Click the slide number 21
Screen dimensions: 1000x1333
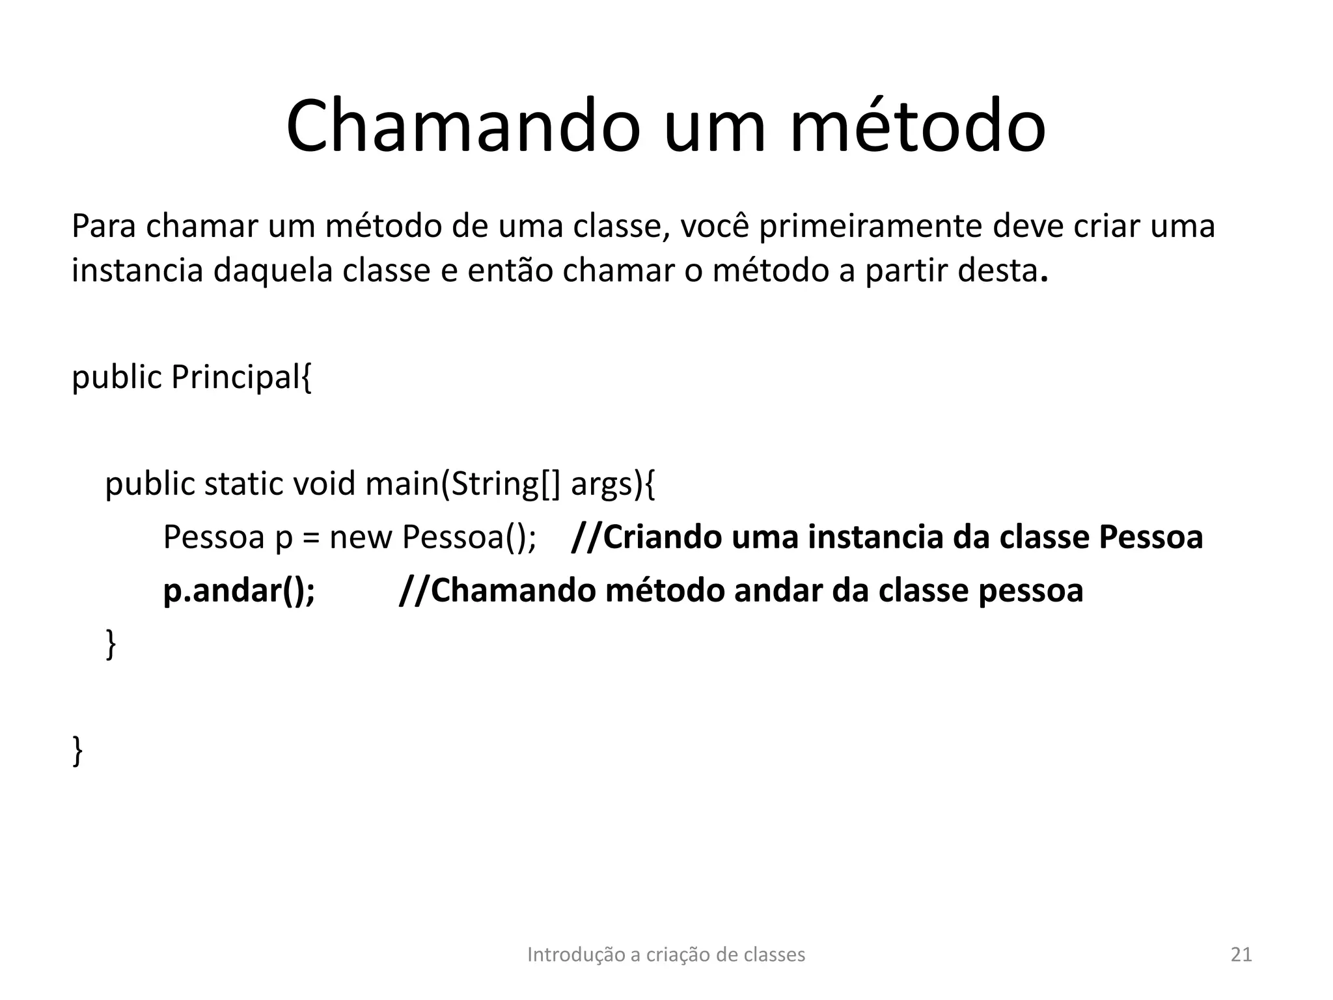pos(1241,954)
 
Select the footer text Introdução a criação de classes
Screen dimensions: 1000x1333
pos(666,954)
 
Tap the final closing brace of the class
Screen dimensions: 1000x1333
pos(77,751)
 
